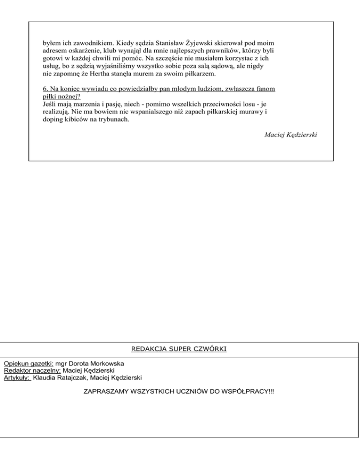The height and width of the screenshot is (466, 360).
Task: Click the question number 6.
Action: (x=38, y=89)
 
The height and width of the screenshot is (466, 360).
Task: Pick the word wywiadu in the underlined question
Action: (x=90, y=89)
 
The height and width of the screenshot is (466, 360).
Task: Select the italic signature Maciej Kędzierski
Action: (x=292, y=135)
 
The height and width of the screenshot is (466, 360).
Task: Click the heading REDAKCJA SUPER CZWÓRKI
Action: (x=180, y=349)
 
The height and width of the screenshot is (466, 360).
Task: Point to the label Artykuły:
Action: (x=16, y=377)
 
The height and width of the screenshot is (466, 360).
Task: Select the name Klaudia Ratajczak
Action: (x=62, y=377)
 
